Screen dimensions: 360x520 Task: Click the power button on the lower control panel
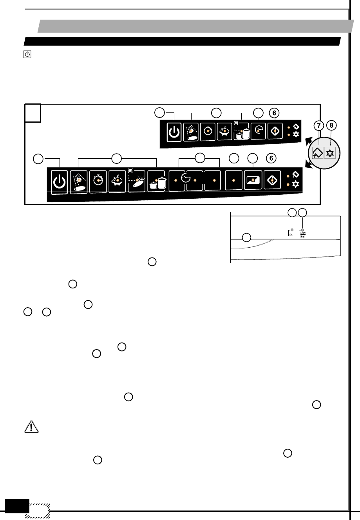(59, 181)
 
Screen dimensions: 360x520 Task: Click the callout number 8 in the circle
(332, 126)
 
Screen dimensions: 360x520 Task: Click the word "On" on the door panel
(291, 235)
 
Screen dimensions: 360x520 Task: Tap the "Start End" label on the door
(303, 235)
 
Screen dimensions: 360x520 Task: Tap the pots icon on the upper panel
(242, 134)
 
